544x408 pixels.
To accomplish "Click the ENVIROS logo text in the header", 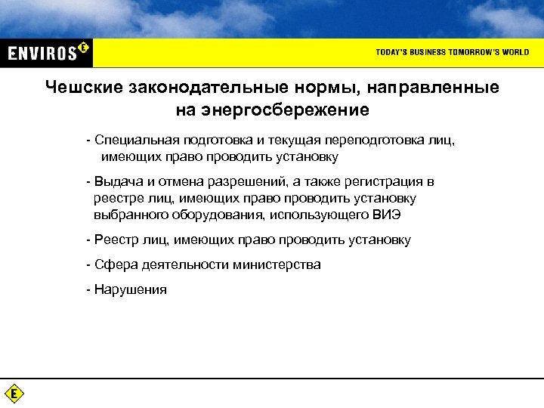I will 43,52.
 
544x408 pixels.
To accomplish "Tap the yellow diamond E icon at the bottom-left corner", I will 14,394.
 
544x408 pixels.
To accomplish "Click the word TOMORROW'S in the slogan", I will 461,52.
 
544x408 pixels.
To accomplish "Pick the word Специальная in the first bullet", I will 129,141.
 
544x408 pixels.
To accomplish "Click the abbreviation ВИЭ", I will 386,215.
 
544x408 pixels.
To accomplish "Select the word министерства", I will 276,265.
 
